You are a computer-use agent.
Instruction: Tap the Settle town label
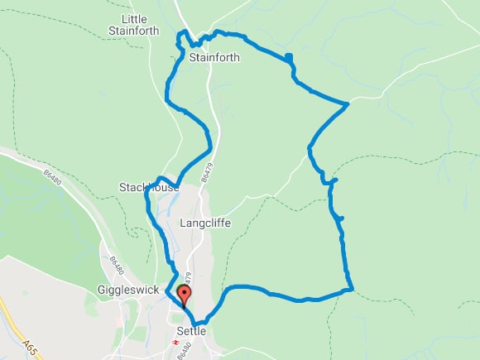(190, 331)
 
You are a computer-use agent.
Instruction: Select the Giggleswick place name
(122, 290)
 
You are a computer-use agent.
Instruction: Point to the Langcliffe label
(205, 223)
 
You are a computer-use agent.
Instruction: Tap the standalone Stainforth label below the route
(214, 58)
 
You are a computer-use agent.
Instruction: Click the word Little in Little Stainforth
(133, 19)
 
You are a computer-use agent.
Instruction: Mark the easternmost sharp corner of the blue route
(348, 103)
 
